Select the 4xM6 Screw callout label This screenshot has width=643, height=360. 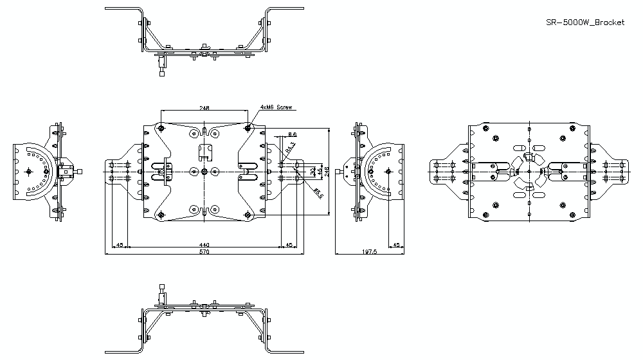(x=277, y=108)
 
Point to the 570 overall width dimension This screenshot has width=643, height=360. (x=204, y=253)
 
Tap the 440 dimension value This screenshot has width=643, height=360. (x=204, y=245)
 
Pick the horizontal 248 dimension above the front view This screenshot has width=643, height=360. (x=204, y=108)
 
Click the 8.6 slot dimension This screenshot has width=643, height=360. (x=292, y=134)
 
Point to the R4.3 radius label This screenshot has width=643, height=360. (x=290, y=148)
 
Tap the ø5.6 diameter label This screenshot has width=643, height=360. (x=317, y=192)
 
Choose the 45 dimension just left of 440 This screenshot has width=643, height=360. (x=119, y=245)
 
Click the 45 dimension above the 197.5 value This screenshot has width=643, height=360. (x=397, y=245)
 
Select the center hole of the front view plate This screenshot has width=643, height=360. (x=204, y=171)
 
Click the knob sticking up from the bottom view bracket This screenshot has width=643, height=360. (x=162, y=291)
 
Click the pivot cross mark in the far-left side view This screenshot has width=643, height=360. (x=30, y=171)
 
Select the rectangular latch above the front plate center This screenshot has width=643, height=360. (x=204, y=152)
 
